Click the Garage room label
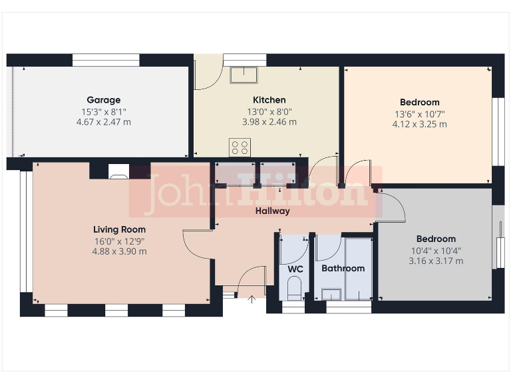coord(103,100)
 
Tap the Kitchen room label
coord(269,100)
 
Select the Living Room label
coord(119,229)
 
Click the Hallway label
coord(273,211)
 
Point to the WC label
coord(295,269)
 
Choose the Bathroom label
coord(343,268)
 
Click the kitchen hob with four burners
coord(240,147)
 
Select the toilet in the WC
coord(294,289)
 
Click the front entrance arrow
coord(252,300)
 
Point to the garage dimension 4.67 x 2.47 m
coord(103,122)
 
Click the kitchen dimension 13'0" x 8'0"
coord(269,112)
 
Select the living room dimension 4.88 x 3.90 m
coord(119,251)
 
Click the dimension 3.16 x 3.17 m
coord(436,261)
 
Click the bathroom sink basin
coord(331,294)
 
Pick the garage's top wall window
coord(106,60)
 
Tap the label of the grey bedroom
coord(436,239)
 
